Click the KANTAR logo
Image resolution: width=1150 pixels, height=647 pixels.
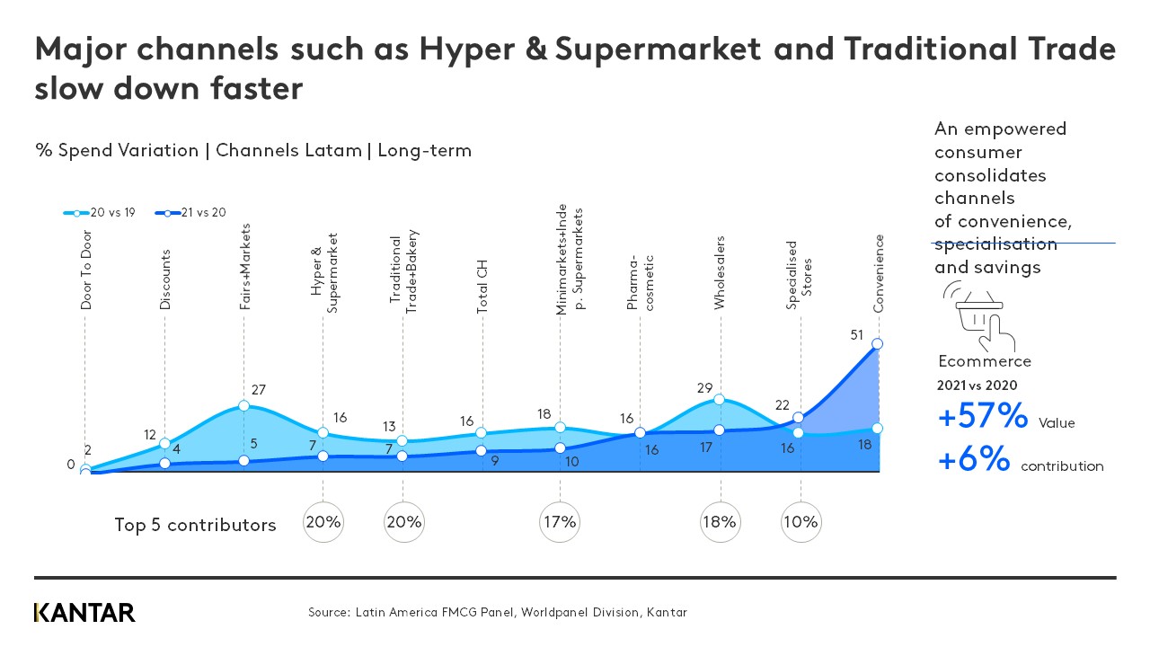tap(84, 613)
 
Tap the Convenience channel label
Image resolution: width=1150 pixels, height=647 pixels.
tap(880, 272)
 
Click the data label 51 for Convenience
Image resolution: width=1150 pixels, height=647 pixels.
tap(856, 335)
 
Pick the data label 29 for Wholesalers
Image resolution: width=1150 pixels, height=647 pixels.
tap(703, 387)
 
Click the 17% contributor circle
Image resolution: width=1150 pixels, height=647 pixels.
tap(560, 522)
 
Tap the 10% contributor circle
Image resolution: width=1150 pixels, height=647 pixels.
tap(801, 522)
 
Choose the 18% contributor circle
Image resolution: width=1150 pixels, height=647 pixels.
tap(720, 522)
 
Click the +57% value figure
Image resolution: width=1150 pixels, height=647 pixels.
tap(982, 417)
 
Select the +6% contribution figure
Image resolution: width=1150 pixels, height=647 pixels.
tap(973, 460)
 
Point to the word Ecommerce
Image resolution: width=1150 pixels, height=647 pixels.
tap(984, 361)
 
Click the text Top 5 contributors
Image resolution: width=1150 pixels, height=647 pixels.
tap(195, 526)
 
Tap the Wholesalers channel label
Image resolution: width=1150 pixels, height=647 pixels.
tap(720, 273)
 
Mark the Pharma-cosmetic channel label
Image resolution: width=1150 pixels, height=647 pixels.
tap(641, 282)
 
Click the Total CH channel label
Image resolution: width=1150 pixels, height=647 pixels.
tap(482, 287)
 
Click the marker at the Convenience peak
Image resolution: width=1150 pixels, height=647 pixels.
tap(878, 344)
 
